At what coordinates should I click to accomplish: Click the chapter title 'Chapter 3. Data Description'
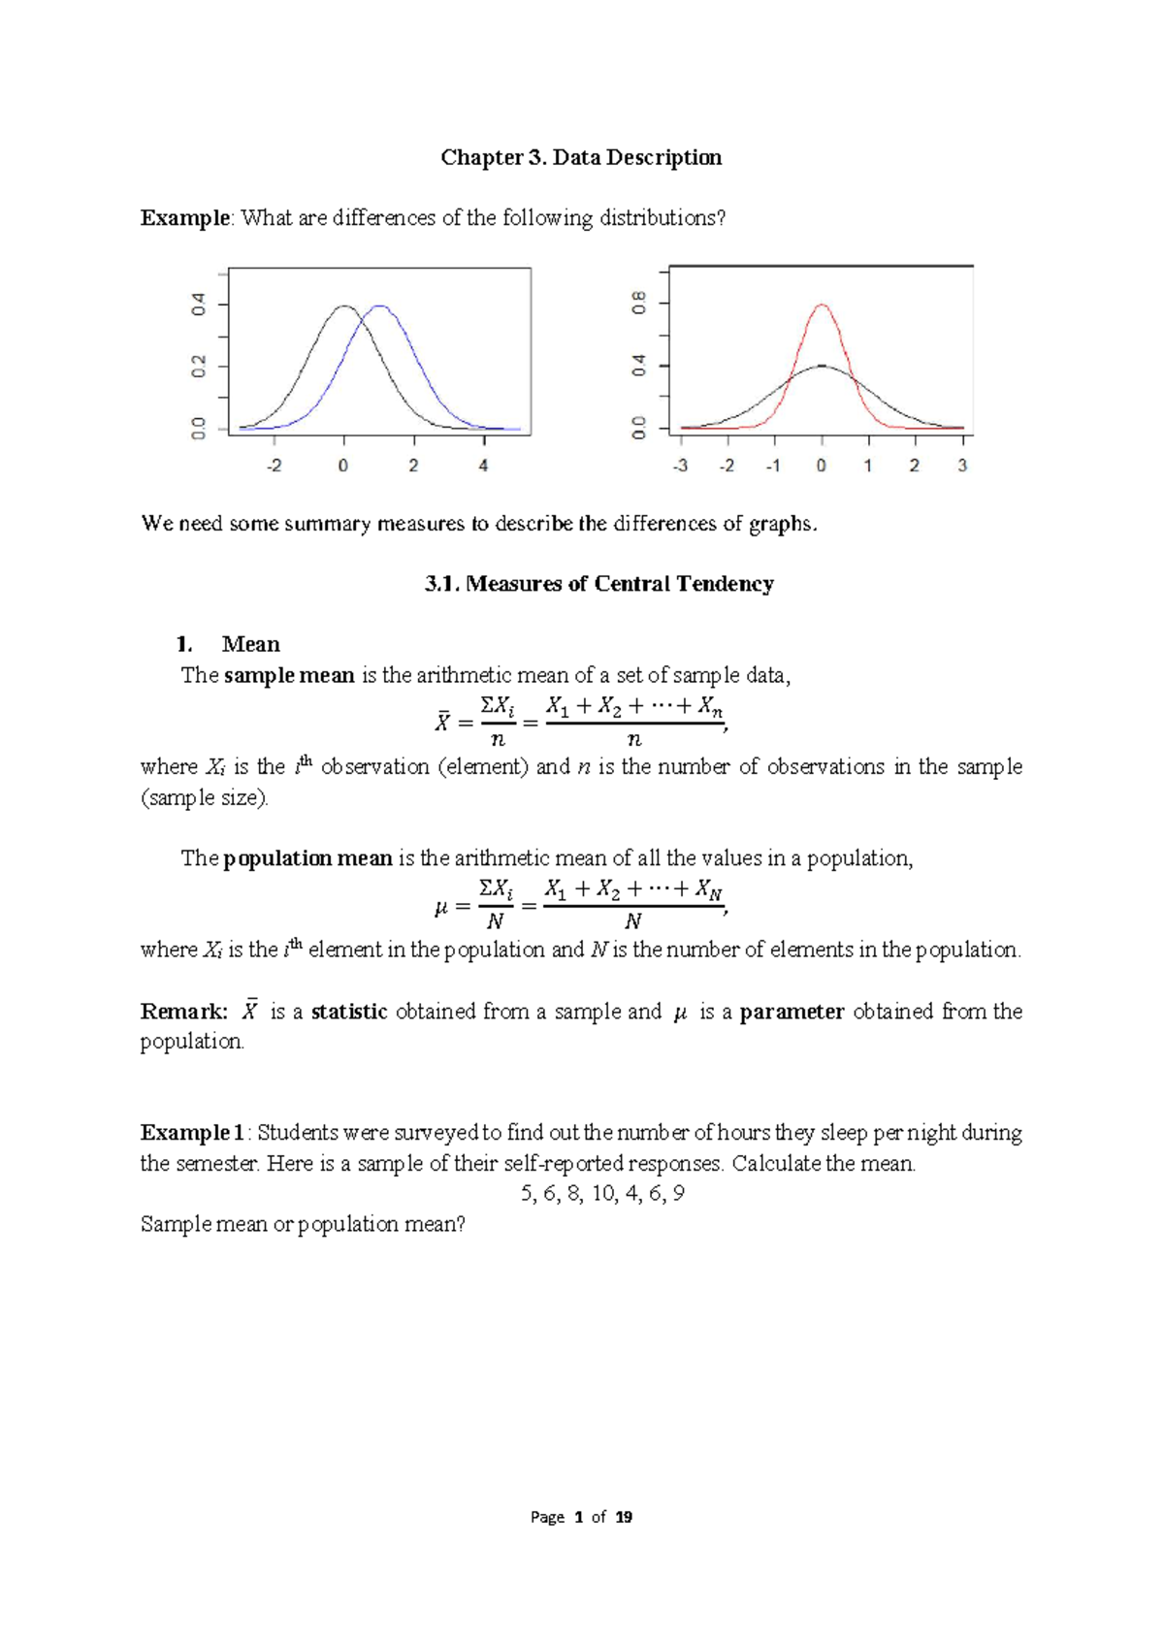581,157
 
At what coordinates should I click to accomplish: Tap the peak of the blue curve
380,306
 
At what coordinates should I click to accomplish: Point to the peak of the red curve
822,306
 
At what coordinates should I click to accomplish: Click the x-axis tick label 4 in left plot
483,466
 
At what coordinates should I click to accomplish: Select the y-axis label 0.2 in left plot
199,366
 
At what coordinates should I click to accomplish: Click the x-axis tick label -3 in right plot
680,466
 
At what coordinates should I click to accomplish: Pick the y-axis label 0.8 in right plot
638,304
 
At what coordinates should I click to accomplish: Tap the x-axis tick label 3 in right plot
962,466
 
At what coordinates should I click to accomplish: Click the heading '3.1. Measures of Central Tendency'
598,584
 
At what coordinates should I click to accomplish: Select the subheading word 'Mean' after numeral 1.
250,644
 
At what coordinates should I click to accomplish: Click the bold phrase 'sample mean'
289,675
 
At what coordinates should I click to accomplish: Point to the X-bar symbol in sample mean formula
441,722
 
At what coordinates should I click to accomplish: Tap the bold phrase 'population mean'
307,858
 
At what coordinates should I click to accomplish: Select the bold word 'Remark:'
184,1012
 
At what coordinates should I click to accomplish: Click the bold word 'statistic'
349,1012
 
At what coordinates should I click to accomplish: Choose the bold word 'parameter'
792,1012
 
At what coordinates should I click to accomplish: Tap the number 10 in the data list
603,1194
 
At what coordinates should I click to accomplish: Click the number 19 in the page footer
624,1517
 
